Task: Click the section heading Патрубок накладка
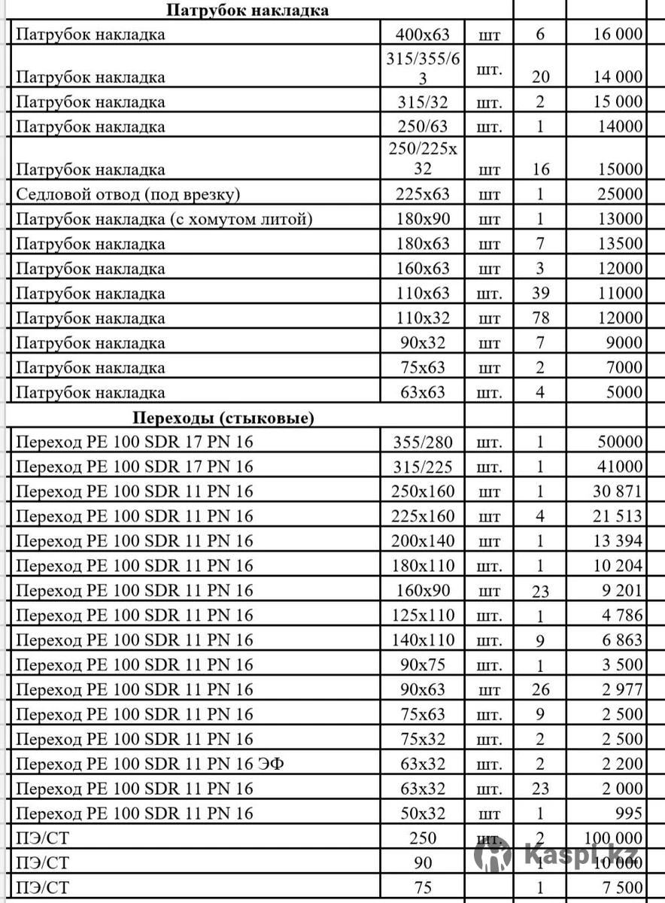pos(247,11)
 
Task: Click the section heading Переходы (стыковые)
pos(223,418)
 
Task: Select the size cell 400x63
pos(422,34)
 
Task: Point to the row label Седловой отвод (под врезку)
pos(128,195)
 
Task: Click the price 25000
pos(621,195)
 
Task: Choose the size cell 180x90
pos(422,220)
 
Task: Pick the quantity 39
pos(540,294)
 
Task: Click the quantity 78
pos(540,318)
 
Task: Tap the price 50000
pos(621,442)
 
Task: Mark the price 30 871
pos(616,492)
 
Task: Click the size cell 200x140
pos(423,542)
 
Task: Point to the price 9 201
pos(621,591)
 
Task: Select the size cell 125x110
pos(423,616)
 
